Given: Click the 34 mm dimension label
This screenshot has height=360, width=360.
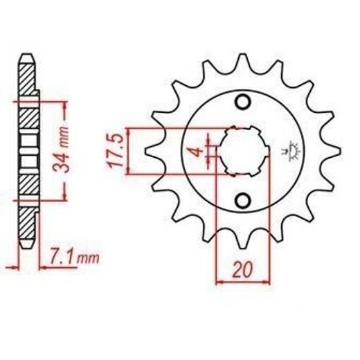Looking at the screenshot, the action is point(61,150).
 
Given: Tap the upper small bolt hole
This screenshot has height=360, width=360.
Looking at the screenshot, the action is point(242,102).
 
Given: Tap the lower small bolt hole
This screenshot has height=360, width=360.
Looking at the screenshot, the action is point(242,200).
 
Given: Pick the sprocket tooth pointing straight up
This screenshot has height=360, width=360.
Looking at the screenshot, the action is point(242,64).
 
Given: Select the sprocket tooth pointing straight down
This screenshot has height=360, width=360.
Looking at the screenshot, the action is point(242,239).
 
